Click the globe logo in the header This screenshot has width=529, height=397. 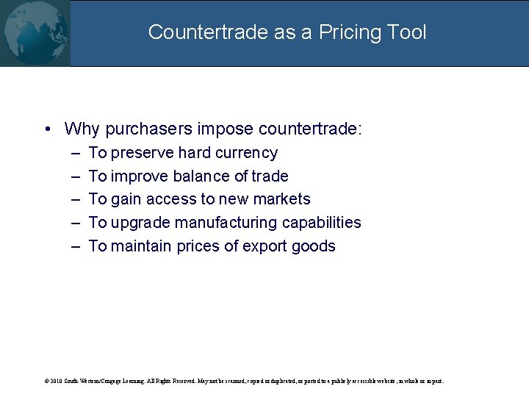(35, 32)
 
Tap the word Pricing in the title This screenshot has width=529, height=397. (338, 32)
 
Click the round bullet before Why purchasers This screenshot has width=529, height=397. (46, 129)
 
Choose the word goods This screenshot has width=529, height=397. (317, 246)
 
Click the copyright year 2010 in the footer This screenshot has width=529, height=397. (54, 382)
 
